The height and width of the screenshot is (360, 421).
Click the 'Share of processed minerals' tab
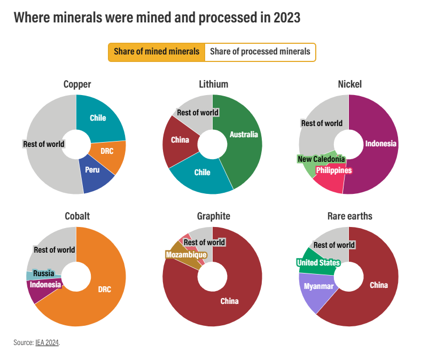(x=260, y=52)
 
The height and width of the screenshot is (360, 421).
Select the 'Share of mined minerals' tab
(x=157, y=52)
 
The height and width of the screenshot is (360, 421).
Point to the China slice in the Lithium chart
(x=180, y=140)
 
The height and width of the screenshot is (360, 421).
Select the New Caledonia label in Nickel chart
(x=321, y=159)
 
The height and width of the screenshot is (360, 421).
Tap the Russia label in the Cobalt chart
(x=43, y=273)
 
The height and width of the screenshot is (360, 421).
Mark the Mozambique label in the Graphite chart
(x=186, y=255)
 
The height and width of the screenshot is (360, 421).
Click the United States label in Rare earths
(x=318, y=263)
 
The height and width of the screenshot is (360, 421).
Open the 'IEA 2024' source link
(x=48, y=342)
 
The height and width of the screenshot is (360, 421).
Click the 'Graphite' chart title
(x=214, y=216)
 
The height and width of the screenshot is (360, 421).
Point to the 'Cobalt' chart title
(x=77, y=216)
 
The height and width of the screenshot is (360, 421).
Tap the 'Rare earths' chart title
(x=349, y=216)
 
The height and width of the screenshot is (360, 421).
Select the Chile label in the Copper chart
(x=98, y=118)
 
